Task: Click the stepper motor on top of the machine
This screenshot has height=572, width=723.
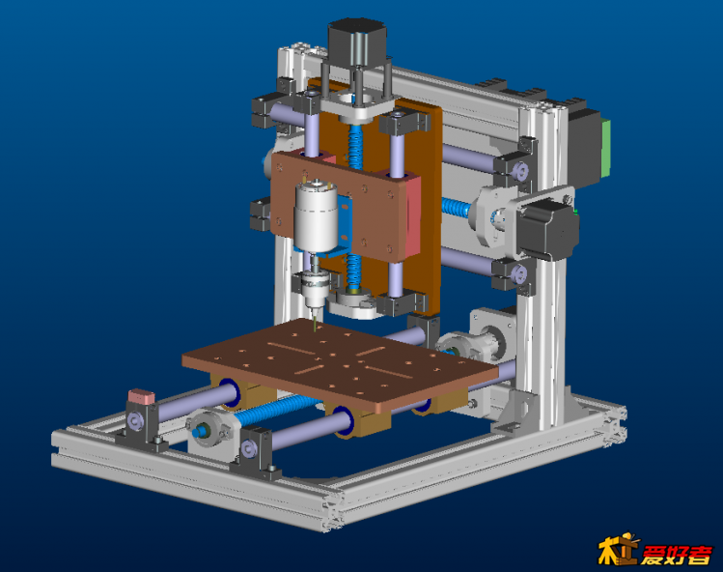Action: coord(357,43)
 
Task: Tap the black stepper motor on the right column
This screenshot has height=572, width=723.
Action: coord(547,229)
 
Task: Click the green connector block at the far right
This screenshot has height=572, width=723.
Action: coord(606,148)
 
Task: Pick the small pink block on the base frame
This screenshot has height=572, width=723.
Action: coord(142,396)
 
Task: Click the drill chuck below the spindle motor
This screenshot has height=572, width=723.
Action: coord(315,289)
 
